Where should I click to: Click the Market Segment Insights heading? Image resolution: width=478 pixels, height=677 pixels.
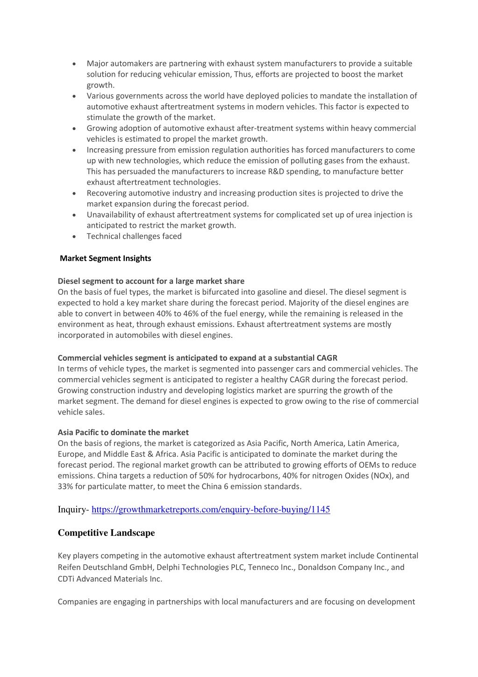106,258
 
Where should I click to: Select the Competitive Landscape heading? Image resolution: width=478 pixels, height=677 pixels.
106,533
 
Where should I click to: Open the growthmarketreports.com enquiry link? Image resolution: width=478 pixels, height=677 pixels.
211,510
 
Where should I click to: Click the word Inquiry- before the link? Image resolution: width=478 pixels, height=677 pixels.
73,510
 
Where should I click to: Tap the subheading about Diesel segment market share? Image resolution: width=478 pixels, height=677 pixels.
151,281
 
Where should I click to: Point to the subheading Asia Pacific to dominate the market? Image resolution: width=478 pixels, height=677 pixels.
123,432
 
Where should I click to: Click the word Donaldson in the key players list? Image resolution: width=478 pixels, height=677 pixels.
316,567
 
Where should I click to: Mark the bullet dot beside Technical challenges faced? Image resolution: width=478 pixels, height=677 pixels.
74,237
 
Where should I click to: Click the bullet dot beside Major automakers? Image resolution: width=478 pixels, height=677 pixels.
74,64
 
